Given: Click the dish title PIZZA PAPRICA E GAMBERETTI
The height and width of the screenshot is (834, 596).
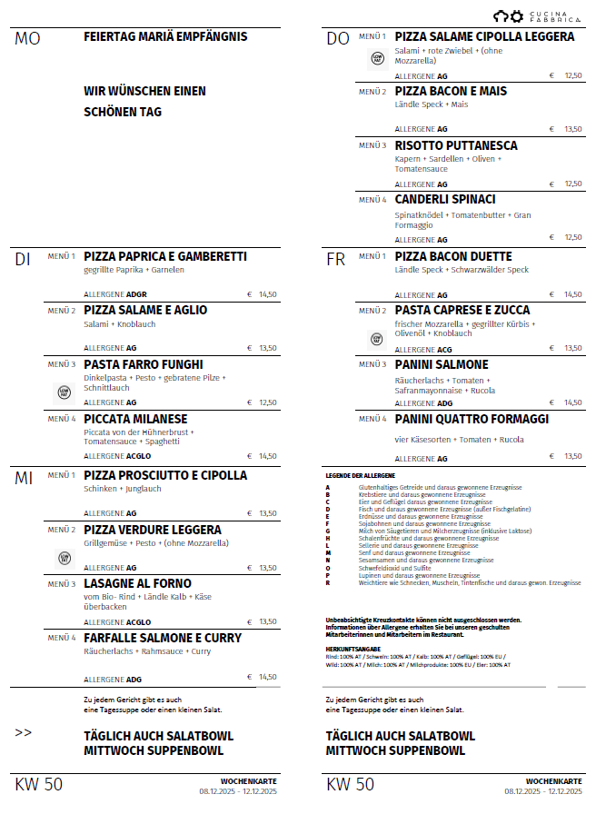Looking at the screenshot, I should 164,256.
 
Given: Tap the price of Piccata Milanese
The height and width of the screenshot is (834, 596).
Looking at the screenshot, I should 266,456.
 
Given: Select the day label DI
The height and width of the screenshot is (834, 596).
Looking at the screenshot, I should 23,260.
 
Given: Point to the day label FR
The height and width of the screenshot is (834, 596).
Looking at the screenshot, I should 335,260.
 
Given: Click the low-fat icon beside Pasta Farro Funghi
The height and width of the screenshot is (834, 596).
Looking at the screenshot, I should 64,392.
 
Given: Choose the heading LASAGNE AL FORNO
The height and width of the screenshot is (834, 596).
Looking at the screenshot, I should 137,583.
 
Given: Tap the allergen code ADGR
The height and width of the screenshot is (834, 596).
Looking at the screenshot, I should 137,294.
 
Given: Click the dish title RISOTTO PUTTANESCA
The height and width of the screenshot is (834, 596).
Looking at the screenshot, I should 456,145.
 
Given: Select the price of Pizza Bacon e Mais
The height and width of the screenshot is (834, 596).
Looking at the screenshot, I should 572,129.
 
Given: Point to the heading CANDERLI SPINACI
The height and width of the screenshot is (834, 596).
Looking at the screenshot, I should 445,199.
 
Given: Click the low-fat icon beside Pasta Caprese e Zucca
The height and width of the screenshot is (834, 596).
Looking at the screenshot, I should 377,339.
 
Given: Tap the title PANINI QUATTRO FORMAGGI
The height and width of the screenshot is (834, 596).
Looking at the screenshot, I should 472,419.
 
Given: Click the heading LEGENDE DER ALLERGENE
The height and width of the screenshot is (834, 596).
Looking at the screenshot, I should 361,475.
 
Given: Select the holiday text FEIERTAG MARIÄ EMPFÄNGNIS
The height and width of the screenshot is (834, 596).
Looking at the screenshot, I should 165,36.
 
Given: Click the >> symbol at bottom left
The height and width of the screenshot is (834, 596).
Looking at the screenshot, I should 24,732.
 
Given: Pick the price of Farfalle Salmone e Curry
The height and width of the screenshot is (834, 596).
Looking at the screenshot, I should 266,677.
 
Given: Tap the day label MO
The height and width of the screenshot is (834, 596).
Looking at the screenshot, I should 27,39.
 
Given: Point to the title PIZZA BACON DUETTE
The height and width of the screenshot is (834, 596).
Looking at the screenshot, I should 453,256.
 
